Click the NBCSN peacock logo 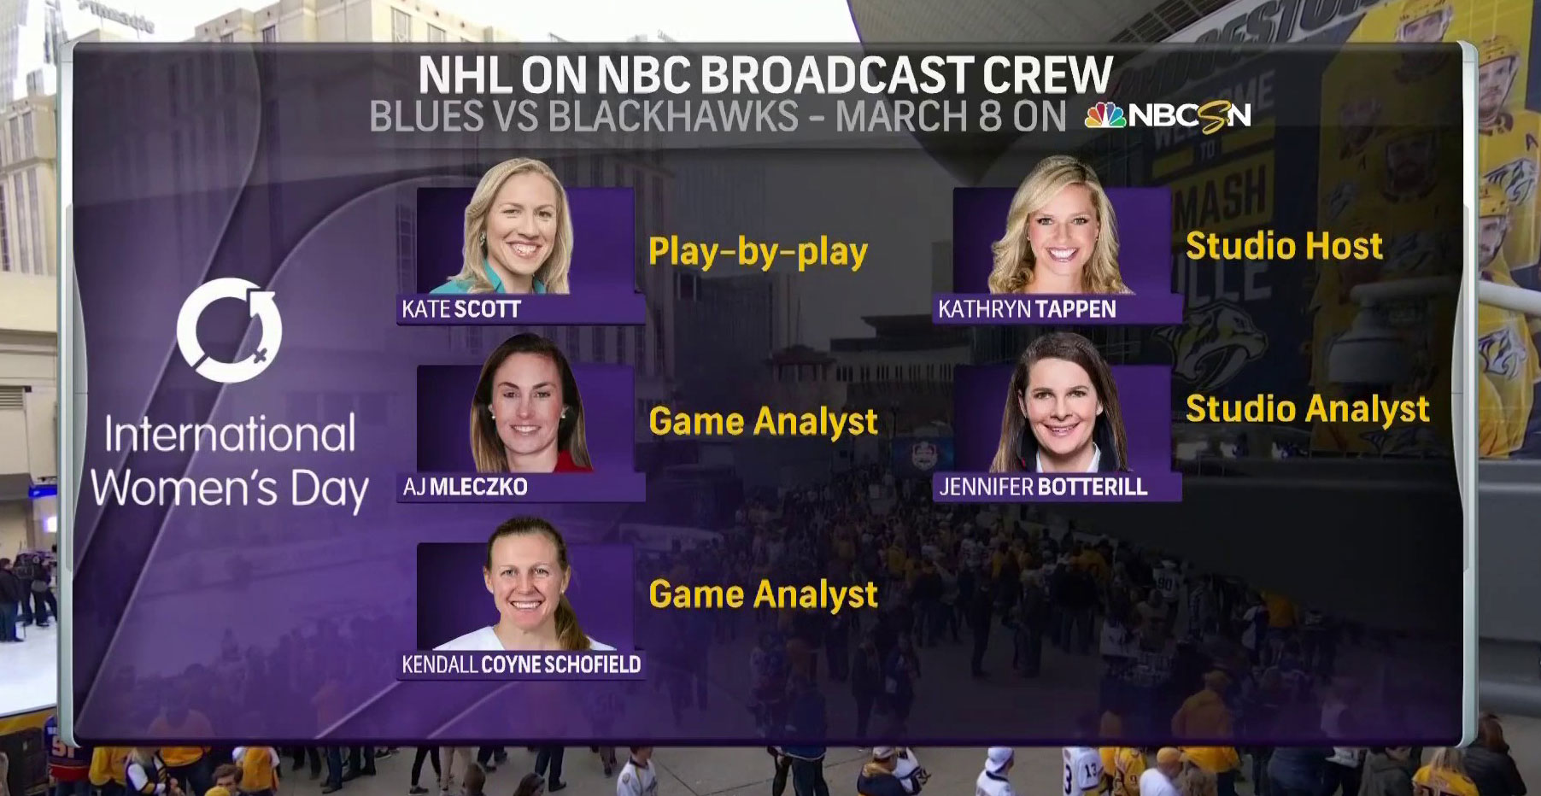(1105, 116)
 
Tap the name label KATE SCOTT (461, 309)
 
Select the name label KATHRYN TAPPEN (1027, 309)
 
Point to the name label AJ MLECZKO (466, 487)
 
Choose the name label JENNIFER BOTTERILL (1043, 487)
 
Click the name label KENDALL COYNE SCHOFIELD (521, 664)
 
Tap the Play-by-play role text (758, 252)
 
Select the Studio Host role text (1284, 247)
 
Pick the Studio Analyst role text (1307, 409)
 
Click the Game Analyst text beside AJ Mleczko (763, 422)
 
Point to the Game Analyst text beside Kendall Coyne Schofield (763, 595)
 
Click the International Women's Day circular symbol (229, 330)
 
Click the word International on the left (230, 435)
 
